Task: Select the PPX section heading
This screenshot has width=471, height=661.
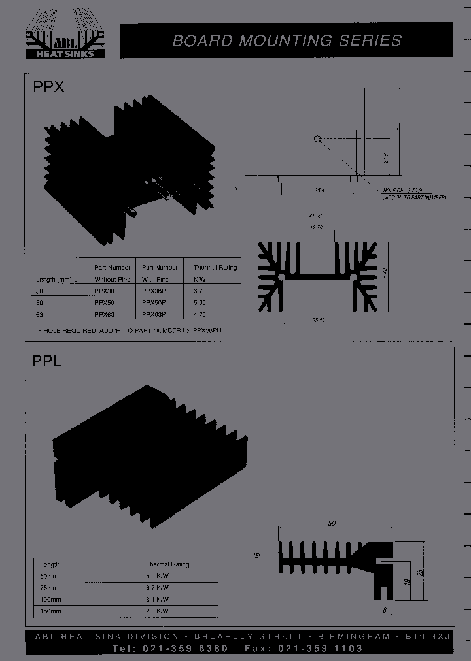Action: point(48,86)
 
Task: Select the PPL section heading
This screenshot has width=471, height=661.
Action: point(47,361)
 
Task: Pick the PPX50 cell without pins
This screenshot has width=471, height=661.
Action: point(104,302)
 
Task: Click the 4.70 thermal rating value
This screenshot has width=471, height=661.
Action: point(200,314)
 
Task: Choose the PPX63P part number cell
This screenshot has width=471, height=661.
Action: point(154,314)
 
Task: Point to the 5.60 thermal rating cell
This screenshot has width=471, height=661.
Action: point(200,302)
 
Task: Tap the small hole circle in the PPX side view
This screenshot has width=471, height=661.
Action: point(317,138)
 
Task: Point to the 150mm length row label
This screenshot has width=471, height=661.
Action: point(50,611)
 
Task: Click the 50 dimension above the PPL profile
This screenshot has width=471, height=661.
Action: point(332,524)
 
